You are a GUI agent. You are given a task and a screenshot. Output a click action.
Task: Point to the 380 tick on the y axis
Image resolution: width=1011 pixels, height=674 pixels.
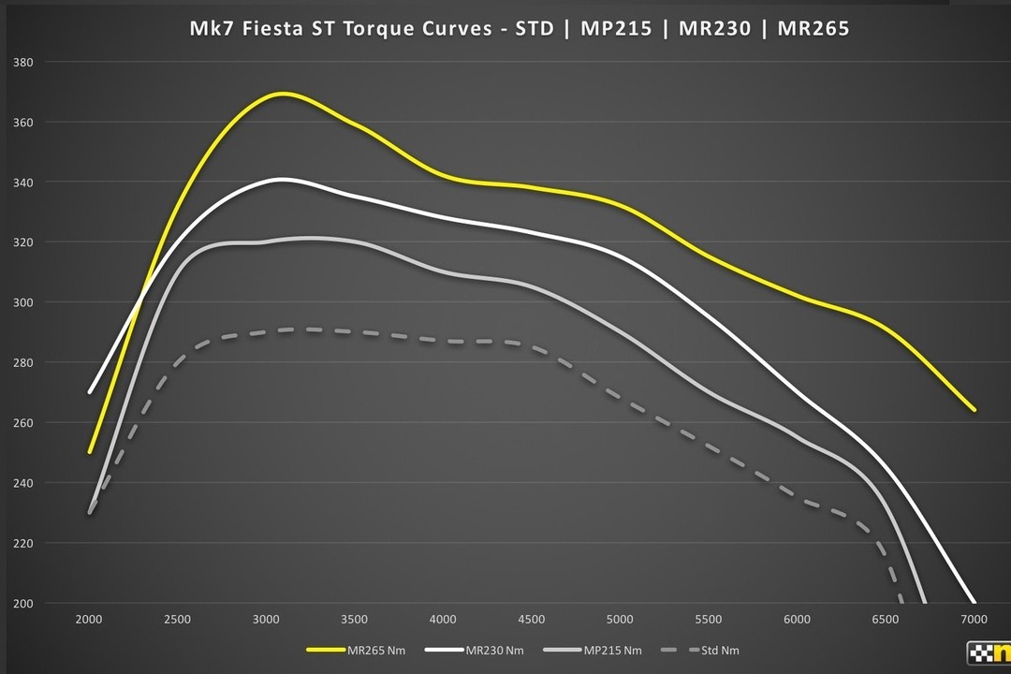(23, 63)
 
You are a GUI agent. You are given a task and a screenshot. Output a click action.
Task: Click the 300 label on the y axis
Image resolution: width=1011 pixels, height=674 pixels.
(23, 302)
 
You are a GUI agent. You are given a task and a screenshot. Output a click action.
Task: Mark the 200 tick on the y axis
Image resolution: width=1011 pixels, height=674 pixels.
(23, 604)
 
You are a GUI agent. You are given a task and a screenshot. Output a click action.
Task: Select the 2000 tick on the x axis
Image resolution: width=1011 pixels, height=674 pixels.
(89, 620)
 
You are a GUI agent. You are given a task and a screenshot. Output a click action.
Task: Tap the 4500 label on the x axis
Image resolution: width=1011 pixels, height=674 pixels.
(532, 620)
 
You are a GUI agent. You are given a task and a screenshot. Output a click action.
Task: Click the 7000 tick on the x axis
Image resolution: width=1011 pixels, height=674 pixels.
(974, 620)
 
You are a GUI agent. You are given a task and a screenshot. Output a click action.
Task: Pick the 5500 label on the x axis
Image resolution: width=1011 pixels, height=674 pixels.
(709, 620)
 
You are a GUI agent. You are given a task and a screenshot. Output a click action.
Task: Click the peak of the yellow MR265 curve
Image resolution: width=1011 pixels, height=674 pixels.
(282, 94)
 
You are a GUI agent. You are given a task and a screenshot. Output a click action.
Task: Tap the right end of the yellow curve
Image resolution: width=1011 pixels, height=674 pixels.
(974, 409)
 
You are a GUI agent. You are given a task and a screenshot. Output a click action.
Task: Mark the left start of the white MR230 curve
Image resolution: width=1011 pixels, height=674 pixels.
(90, 392)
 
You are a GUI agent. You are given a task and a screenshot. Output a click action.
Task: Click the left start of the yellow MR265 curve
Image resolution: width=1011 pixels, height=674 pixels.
(90, 452)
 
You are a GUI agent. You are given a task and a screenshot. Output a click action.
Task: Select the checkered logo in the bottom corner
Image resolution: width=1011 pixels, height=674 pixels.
(989, 653)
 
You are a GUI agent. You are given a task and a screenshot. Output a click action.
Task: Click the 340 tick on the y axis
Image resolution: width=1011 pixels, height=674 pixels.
(23, 183)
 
